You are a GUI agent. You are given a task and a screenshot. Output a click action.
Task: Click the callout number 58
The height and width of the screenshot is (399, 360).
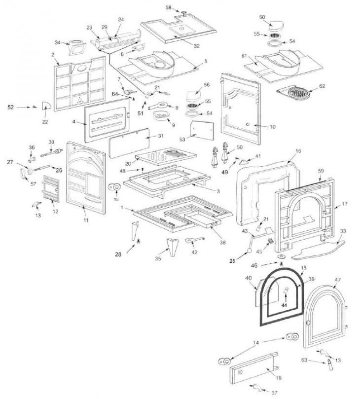tap(168, 8)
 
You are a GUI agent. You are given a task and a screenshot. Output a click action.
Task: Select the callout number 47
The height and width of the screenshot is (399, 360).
tap(338, 280)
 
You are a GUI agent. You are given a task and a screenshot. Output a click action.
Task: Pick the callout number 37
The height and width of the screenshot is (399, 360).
tap(274, 393)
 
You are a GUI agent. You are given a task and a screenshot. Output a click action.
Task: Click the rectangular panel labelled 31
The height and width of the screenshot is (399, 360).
tap(128, 143)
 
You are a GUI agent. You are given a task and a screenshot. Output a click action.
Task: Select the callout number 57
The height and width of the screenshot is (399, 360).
tap(34, 184)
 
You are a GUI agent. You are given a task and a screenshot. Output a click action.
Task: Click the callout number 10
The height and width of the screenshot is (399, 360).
tap(272, 127)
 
